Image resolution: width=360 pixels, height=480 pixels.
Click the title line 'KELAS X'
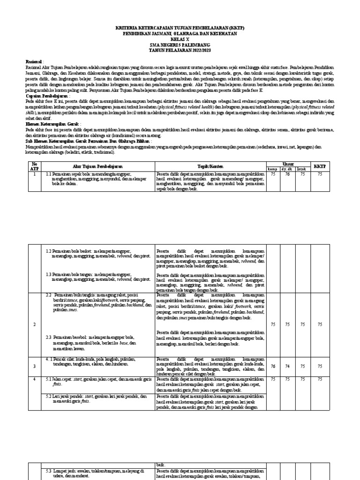(x=180, y=39)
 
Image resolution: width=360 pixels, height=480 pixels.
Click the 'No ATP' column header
(x=33, y=165)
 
